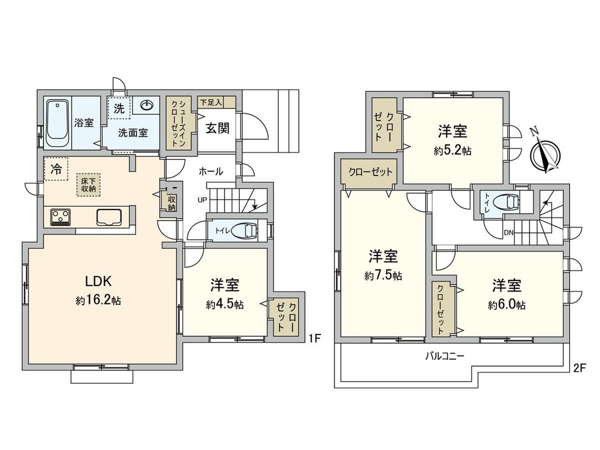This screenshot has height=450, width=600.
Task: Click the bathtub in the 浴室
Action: coord(57,123)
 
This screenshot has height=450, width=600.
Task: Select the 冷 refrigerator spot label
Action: coord(56,170)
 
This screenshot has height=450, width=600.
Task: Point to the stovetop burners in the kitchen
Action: coord(61,217)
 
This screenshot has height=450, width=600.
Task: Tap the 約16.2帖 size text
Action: coord(98,301)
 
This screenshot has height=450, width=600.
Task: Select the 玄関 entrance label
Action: coord(218,128)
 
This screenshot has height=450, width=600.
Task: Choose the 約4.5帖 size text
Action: coord(224,304)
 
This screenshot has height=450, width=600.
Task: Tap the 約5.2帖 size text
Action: coord(452,151)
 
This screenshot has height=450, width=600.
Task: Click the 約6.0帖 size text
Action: coord(507,304)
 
